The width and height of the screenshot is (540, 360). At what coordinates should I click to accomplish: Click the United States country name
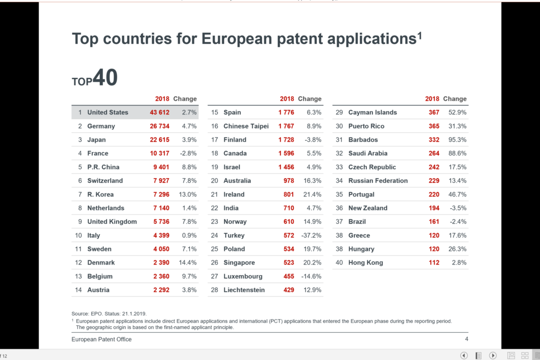click(108, 112)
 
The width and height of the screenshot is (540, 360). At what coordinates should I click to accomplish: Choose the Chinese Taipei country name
click(246, 126)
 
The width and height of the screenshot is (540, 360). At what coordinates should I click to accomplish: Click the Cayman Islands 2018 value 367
click(433, 112)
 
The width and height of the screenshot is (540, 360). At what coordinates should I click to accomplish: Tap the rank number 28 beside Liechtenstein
click(215, 290)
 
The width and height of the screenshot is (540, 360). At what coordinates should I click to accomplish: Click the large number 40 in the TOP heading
click(105, 77)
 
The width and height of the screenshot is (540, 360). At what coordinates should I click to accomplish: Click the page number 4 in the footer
click(466, 339)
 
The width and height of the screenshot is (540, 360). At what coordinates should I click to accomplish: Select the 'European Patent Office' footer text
click(102, 339)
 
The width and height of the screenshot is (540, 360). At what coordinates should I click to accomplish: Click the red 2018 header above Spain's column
click(287, 99)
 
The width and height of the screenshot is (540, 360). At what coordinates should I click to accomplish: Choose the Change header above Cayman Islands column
click(455, 99)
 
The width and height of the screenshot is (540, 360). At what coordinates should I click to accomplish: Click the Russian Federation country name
click(378, 181)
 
